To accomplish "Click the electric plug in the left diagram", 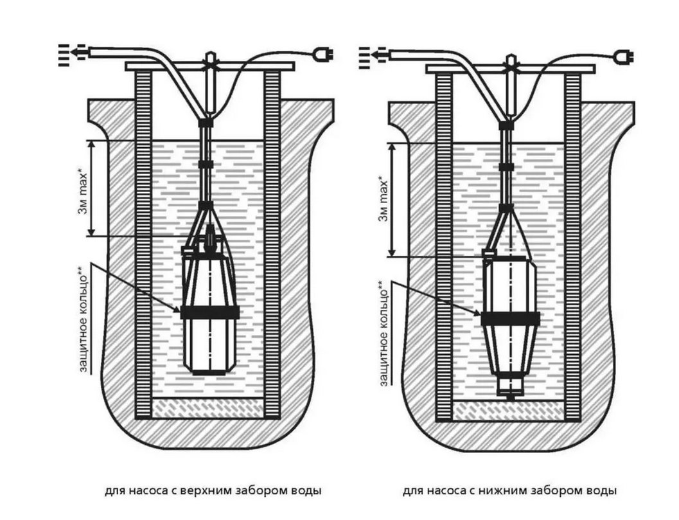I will pos(318,55).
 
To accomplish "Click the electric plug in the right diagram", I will pos(621,55).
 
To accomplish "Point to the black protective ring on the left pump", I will pos(209,312).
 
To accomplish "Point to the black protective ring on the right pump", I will pos(511,318).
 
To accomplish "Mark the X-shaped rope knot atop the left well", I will pos(209,64).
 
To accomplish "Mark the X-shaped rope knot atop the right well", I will pos(511,64).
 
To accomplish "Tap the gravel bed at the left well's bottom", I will pos(209,407).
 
